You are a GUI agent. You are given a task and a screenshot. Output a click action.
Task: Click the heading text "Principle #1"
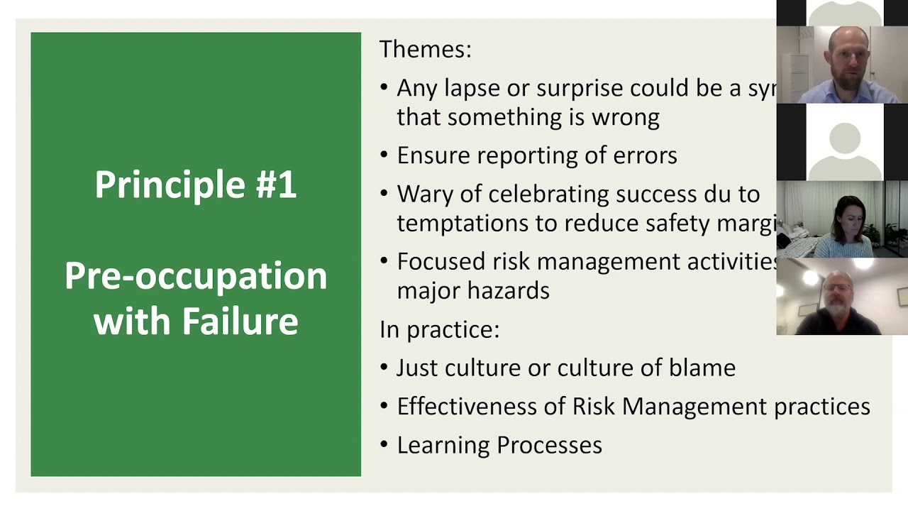click(196, 185)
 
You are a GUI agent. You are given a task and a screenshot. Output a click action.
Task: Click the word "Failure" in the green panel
click(240, 321)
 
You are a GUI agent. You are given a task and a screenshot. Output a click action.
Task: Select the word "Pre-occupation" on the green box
click(196, 276)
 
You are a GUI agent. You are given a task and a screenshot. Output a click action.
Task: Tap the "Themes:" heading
click(425, 49)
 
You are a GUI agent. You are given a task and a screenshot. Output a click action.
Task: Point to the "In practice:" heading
click(439, 329)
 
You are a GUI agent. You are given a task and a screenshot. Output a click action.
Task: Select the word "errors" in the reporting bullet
click(645, 155)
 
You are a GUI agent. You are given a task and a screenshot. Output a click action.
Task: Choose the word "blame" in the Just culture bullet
click(702, 368)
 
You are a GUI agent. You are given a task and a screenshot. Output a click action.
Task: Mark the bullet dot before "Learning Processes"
click(384, 445)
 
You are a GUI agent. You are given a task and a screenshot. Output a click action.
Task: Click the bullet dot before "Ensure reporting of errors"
click(384, 155)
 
